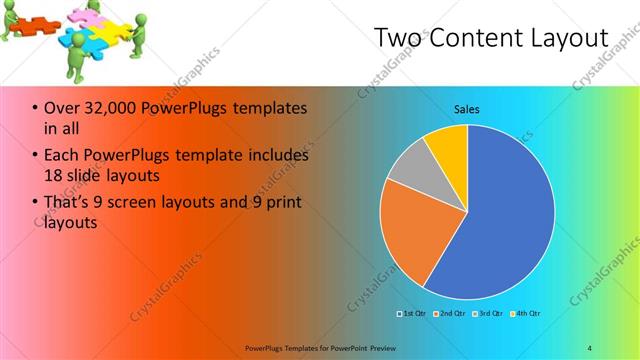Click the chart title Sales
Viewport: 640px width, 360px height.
[x=467, y=108]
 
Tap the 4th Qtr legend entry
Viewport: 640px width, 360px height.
[x=527, y=314]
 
